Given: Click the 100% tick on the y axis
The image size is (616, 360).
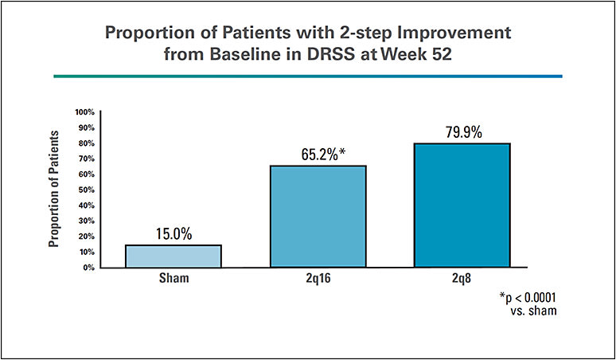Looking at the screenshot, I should click(84, 112).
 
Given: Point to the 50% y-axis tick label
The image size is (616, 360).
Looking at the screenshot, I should click(86, 190).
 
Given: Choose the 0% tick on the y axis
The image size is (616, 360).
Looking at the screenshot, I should click(88, 268).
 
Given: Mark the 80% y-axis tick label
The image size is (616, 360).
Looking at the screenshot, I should click(86, 143).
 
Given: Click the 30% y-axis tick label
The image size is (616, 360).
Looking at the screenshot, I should click(86, 221).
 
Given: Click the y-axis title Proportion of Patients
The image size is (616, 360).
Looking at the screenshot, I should click(56, 190).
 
